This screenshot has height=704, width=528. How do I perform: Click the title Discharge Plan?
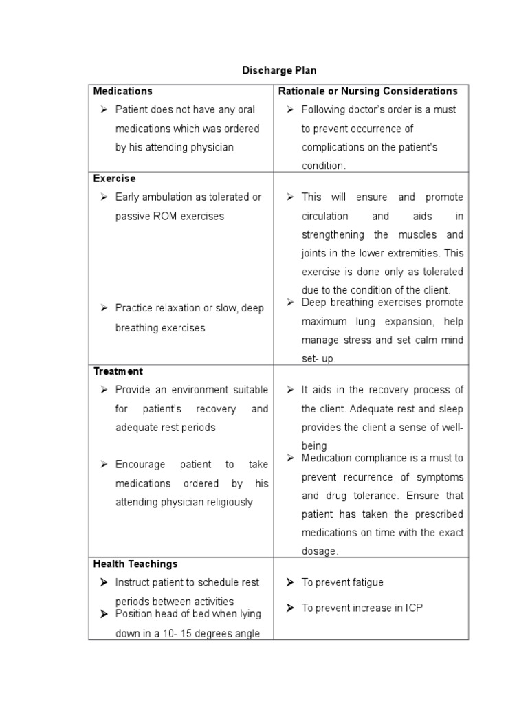[x=279, y=70]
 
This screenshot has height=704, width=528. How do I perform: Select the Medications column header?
[x=123, y=91]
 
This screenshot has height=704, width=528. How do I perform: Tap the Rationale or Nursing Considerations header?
[x=368, y=91]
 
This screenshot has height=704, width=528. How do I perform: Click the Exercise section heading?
[x=115, y=179]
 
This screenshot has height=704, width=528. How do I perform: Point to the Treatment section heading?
[x=118, y=371]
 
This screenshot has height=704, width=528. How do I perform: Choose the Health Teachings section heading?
[x=135, y=564]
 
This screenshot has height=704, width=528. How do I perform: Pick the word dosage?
[x=319, y=551]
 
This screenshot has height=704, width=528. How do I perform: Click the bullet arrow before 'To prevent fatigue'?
[x=290, y=582]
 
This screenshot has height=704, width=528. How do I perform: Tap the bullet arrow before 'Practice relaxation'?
[x=104, y=308]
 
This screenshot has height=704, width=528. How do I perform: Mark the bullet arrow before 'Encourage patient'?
[x=104, y=464]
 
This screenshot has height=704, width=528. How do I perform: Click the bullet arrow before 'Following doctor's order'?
[x=290, y=109]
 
